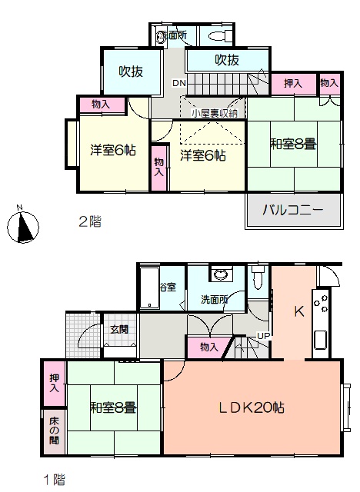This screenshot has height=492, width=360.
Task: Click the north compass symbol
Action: tap(23, 226)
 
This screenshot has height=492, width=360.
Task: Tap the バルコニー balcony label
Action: tap(292, 210)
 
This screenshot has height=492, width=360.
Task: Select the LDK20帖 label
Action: tap(252, 407)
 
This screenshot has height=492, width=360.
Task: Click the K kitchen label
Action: tap(298, 311)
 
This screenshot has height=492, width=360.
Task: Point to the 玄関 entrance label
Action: tap(119, 330)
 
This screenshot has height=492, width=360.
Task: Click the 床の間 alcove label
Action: tap(54, 430)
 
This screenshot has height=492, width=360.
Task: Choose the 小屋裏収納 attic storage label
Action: tap(215, 113)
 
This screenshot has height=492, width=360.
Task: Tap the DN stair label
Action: tap(179, 83)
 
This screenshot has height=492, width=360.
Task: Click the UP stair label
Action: tap(263, 336)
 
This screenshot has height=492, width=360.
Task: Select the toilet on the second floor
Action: tap(220, 35)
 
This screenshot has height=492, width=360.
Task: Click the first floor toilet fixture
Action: tap(258, 277)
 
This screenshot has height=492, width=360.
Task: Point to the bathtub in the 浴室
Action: tap(150, 288)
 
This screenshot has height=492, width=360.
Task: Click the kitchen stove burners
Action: tap(321, 303)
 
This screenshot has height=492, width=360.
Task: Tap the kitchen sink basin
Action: tap(321, 340)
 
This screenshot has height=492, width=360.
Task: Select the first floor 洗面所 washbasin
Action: tap(222, 274)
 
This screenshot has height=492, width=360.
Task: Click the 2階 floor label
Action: tap(90, 221)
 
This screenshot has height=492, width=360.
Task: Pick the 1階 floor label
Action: tap(54, 480)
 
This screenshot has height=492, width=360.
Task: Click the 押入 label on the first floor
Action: tap(55, 383)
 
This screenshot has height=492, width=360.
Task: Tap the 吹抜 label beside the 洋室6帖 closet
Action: tap(131, 71)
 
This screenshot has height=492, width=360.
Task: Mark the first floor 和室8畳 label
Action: tap(113, 408)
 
